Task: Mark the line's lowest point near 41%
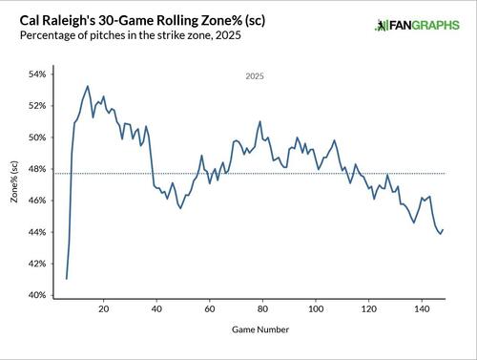click(67, 279)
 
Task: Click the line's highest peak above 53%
click(88, 86)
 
